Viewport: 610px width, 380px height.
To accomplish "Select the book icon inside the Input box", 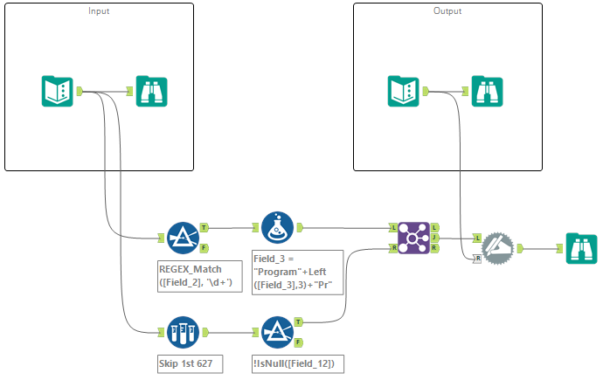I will [58, 91].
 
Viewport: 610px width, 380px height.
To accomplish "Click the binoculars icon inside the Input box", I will [152, 91].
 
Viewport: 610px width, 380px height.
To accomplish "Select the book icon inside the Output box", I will [404, 91].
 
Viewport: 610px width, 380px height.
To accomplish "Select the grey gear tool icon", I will [498, 247].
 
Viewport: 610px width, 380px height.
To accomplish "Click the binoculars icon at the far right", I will [582, 249].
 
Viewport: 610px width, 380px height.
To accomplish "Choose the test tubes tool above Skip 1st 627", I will [184, 332].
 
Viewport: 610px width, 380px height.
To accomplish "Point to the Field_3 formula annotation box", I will [296, 274].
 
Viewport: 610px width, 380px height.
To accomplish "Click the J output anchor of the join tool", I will [434, 238].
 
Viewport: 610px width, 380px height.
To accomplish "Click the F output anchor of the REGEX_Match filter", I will [204, 247].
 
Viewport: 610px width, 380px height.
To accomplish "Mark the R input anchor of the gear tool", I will [477, 259].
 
